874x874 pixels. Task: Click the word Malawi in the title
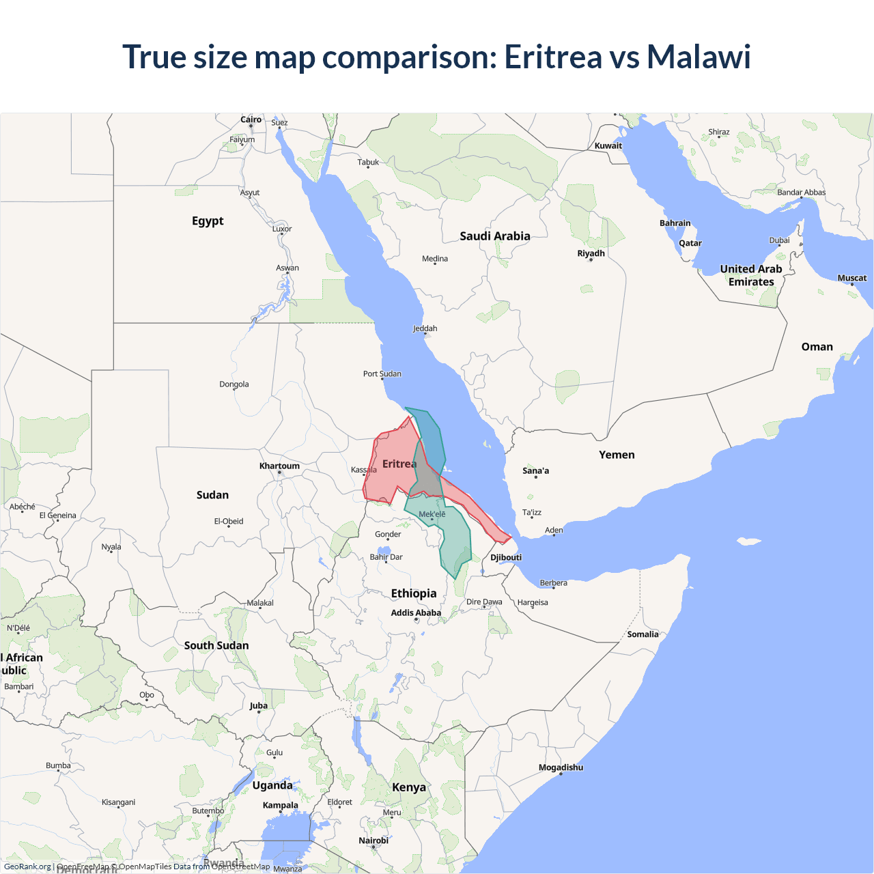pyautogui.click(x=699, y=57)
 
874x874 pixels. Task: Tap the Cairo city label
pyautogui.click(x=251, y=119)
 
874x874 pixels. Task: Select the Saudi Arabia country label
pyautogui.click(x=494, y=236)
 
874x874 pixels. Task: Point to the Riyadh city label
pyautogui.click(x=591, y=253)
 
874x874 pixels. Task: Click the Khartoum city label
pyautogui.click(x=279, y=466)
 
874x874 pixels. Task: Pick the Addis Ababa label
pyautogui.click(x=416, y=612)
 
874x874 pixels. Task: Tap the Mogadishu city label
pyautogui.click(x=561, y=767)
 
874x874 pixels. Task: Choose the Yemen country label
pyautogui.click(x=617, y=455)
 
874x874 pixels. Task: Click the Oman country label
pyautogui.click(x=817, y=347)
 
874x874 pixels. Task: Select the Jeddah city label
pyautogui.click(x=425, y=328)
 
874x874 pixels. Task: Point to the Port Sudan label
pyautogui.click(x=382, y=373)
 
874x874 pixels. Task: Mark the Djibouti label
pyautogui.click(x=506, y=557)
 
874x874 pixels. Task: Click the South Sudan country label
pyautogui.click(x=216, y=645)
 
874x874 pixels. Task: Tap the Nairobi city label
pyautogui.click(x=373, y=841)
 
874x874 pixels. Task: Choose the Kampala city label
pyautogui.click(x=280, y=805)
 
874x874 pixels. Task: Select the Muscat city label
pyautogui.click(x=851, y=278)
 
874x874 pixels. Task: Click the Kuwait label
pyautogui.click(x=608, y=145)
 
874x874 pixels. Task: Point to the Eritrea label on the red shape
pyautogui.click(x=399, y=464)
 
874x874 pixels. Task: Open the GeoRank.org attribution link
pyautogui.click(x=27, y=866)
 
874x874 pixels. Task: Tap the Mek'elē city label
pyautogui.click(x=432, y=514)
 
